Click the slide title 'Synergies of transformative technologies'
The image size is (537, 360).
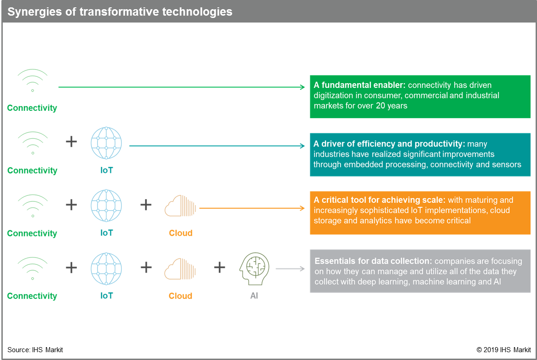click(120, 11)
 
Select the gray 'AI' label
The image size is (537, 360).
click(254, 296)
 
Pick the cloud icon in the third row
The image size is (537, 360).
click(180, 206)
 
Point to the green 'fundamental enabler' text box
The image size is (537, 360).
click(420, 96)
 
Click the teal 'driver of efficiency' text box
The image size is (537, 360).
click(420, 154)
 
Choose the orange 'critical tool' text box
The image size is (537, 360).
click(420, 212)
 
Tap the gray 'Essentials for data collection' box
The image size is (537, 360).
click(420, 271)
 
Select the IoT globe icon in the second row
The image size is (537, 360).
click(106, 143)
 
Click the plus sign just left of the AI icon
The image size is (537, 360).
click(219, 267)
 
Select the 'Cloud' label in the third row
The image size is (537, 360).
click(180, 233)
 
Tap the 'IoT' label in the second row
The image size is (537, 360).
click(106, 171)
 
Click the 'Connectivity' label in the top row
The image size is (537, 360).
click(32, 109)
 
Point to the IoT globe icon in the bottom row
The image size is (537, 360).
click(106, 268)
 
